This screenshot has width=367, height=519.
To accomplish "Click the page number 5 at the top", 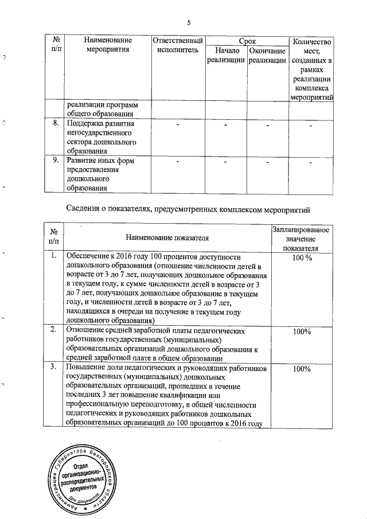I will pyautogui.click(x=188, y=22).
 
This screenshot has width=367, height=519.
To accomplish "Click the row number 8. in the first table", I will pyautogui.click(x=57, y=124).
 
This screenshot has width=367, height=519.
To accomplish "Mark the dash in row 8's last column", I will pyautogui.click(x=310, y=125).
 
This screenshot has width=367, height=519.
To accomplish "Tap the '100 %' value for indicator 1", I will pyautogui.click(x=302, y=259).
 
